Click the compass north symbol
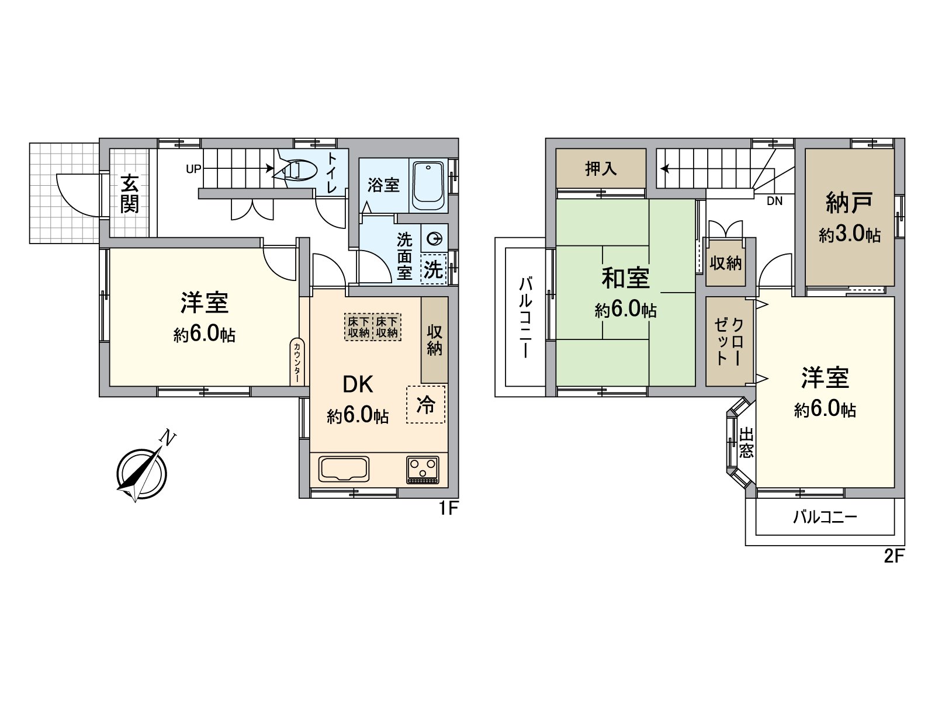142,473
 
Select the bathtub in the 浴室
428,186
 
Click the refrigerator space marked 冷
425,404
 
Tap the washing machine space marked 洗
433,269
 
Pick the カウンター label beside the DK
297,362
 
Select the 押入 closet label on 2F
601,169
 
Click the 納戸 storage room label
849,203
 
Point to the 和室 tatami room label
625,278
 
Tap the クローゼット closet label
729,342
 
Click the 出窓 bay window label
746,442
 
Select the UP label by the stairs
193,169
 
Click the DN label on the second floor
774,202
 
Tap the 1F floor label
448,509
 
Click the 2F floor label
894,556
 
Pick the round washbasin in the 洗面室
434,239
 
